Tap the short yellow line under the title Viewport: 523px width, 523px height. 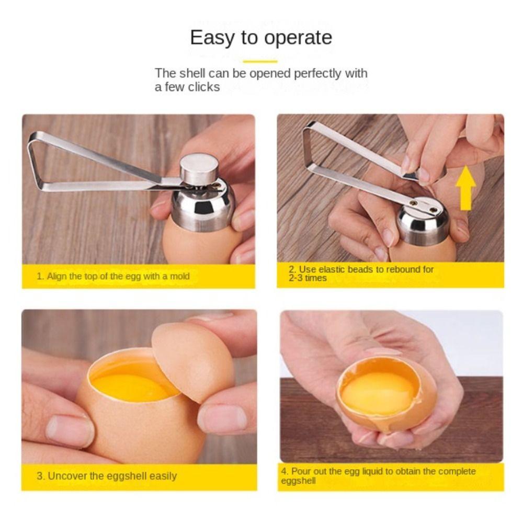[260, 62]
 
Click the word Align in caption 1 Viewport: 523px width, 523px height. [58, 276]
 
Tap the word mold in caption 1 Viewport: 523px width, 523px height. [180, 276]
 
